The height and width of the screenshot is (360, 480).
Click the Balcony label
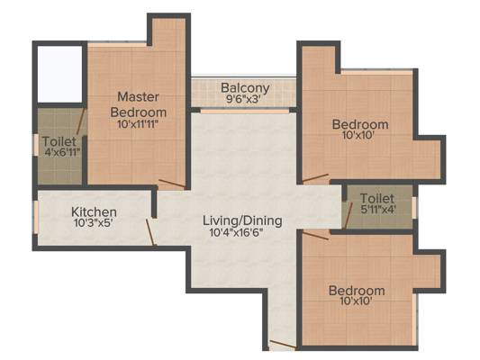click(x=245, y=88)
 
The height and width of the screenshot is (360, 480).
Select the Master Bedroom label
click(x=139, y=104)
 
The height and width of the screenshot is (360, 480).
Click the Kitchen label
click(x=94, y=211)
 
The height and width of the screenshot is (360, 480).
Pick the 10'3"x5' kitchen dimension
click(x=94, y=222)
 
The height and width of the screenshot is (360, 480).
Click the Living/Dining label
click(x=242, y=220)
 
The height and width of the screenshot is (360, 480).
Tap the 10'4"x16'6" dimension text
click(x=236, y=232)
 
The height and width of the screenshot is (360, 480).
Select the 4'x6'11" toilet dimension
click(x=62, y=152)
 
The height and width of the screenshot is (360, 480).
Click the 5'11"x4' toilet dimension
click(x=378, y=210)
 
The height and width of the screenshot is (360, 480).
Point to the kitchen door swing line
click(x=151, y=232)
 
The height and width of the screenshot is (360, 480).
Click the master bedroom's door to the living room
click(x=172, y=184)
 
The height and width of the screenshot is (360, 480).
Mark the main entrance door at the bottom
click(x=283, y=344)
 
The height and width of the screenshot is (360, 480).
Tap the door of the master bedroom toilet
click(x=81, y=121)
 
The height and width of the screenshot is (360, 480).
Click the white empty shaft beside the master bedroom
click(x=60, y=74)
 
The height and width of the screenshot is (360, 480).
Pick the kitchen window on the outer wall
click(x=35, y=218)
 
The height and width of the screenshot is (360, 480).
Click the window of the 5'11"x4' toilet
click(x=415, y=208)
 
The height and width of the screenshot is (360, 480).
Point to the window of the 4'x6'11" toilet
click(x=35, y=145)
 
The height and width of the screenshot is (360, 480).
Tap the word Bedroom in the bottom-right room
click(x=357, y=291)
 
